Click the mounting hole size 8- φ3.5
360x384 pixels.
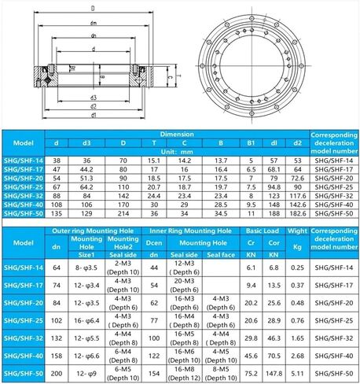point(86,268)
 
